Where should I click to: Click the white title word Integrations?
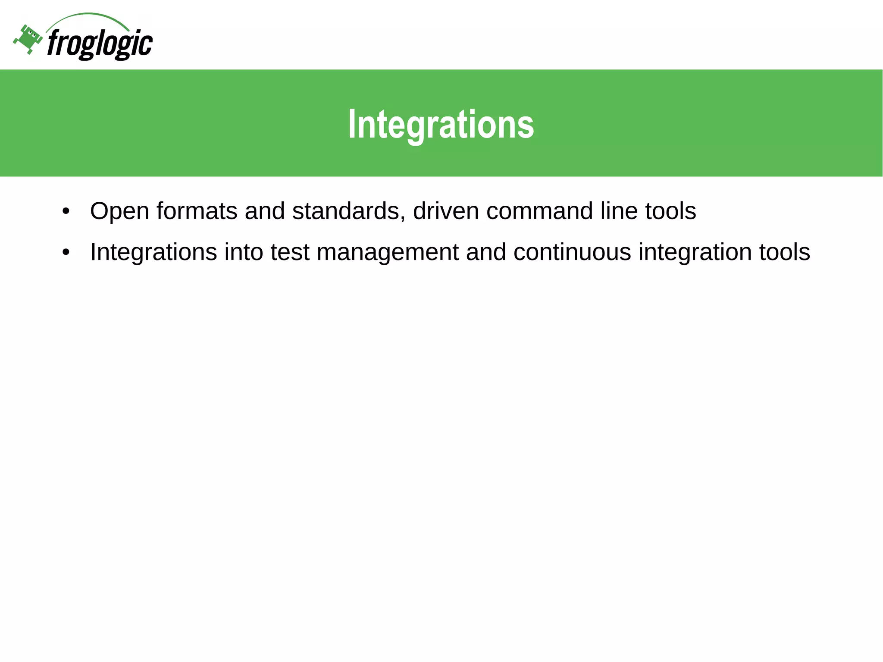(x=441, y=125)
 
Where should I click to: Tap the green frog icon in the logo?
(x=28, y=39)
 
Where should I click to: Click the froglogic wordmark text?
(x=100, y=44)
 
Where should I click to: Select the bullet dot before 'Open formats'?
(x=66, y=212)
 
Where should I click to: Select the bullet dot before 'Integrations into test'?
(x=66, y=253)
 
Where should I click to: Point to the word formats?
(x=197, y=211)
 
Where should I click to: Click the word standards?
(x=348, y=211)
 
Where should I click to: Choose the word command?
(x=539, y=211)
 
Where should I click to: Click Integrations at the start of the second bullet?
(x=153, y=252)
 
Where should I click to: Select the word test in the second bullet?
(x=290, y=252)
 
